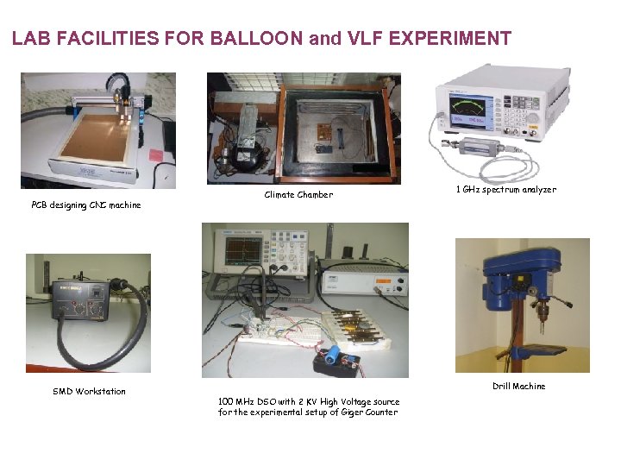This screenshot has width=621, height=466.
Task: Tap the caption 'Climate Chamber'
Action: [298, 195]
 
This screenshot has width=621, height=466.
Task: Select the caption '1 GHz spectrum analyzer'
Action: [505, 190]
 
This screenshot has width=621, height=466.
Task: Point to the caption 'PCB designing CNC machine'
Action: [85, 205]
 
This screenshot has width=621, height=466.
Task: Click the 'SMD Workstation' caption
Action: [89, 392]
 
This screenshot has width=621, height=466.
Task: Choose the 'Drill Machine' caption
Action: [518, 387]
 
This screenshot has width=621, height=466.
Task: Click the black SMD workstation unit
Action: [81, 300]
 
